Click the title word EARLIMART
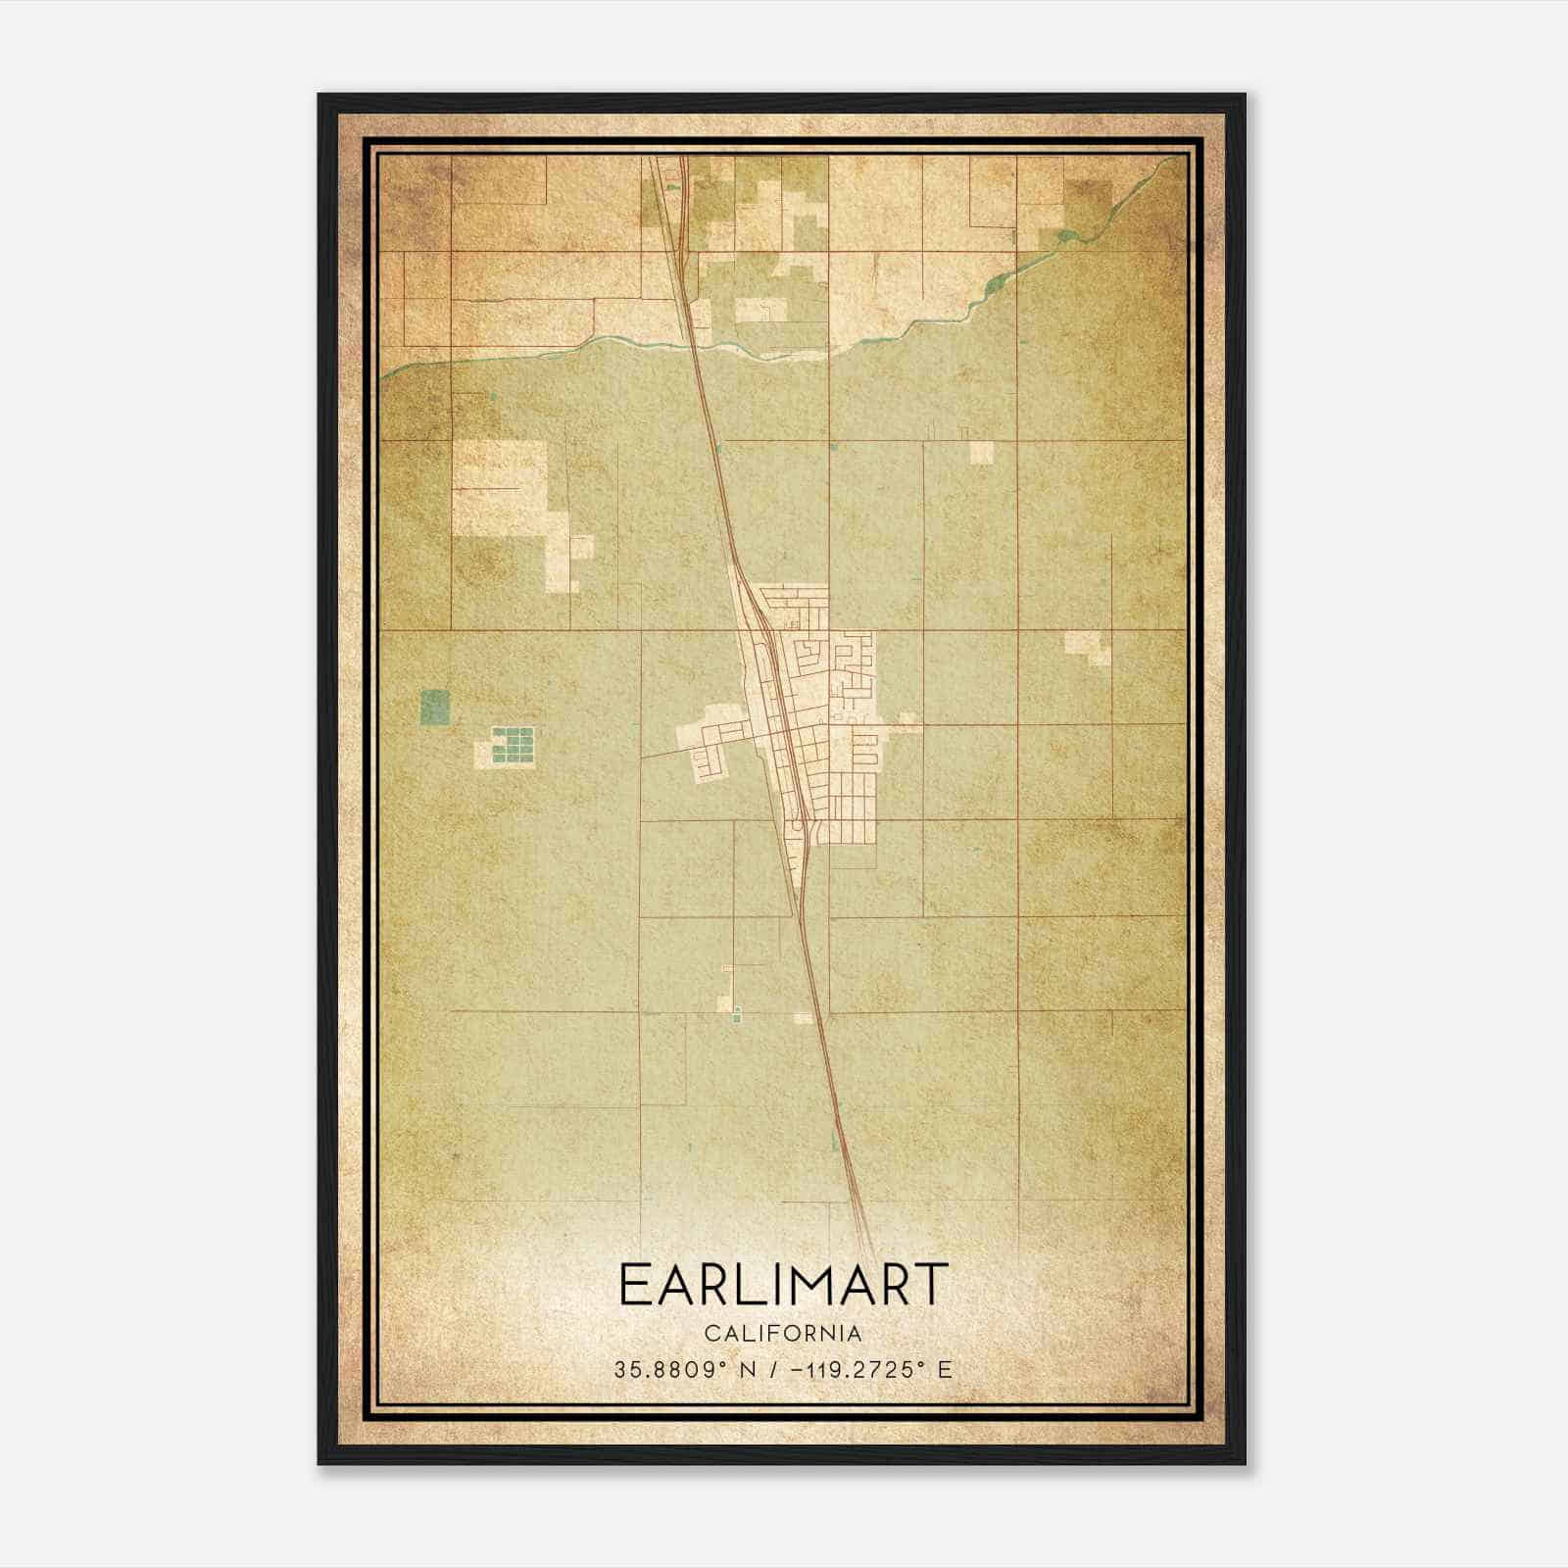coord(784,1285)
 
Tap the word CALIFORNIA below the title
coord(784,1334)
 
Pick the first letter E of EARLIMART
coord(633,1285)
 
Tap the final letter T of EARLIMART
coord(930,1285)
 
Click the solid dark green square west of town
coord(434,707)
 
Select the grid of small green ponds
coord(514,745)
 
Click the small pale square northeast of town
coord(981,452)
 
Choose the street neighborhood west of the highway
coord(711,750)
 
